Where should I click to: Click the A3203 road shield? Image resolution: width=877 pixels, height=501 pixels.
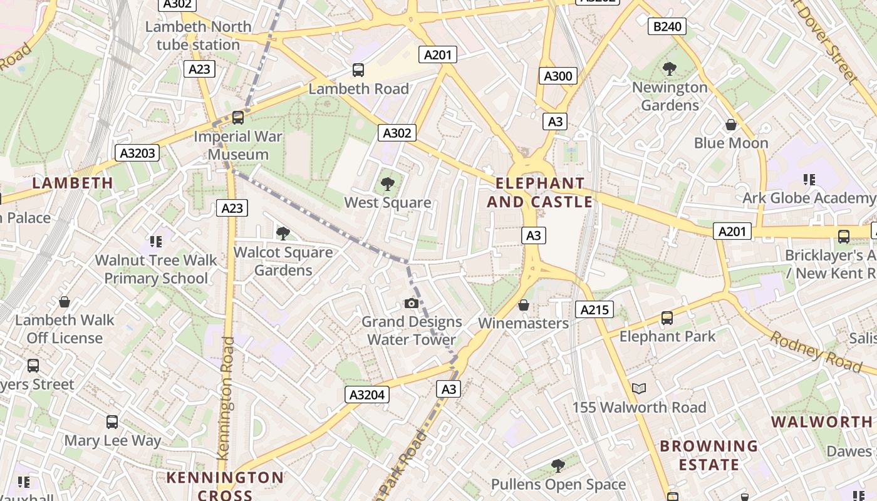tap(138, 153)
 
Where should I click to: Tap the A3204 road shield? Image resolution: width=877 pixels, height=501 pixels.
tap(367, 395)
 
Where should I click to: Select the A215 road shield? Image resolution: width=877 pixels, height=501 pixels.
tap(594, 309)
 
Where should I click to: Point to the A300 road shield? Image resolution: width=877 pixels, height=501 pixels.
tap(558, 76)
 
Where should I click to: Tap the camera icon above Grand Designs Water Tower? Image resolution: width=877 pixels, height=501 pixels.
tap(412, 304)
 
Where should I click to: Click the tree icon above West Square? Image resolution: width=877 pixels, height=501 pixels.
tap(388, 184)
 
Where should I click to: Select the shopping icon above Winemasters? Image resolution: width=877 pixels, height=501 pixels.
tap(524, 305)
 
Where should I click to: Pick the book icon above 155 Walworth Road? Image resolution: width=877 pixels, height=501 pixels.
tap(639, 389)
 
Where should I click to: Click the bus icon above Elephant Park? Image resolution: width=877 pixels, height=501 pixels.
tap(667, 318)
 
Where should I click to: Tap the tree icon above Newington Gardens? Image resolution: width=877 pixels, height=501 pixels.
tap(669, 69)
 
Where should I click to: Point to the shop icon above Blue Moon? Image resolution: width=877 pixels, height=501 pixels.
tap(731, 125)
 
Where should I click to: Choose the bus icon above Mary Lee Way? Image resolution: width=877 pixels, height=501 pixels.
tap(112, 422)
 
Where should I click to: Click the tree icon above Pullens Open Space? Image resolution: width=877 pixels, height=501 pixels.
tap(558, 466)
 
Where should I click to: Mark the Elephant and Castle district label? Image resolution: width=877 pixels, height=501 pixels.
tap(540, 192)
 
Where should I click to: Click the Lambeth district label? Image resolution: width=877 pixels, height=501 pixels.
tap(73, 183)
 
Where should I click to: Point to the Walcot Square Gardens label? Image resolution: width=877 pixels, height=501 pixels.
tap(283, 261)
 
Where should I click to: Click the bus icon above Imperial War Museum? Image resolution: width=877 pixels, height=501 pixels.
tap(238, 118)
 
